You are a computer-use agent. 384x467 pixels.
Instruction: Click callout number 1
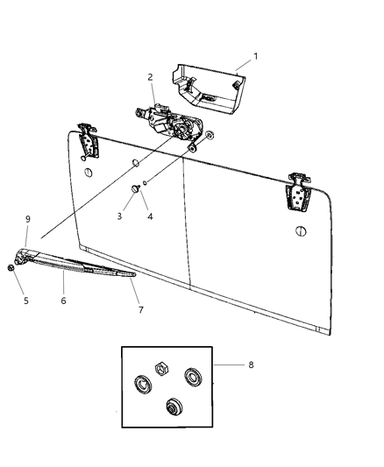point(255,56)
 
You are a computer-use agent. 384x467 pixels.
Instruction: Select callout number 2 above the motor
point(150,77)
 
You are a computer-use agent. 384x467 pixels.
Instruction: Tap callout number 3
point(119,216)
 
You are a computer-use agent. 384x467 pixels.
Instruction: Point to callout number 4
point(150,216)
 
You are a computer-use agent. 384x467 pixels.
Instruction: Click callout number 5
point(26,301)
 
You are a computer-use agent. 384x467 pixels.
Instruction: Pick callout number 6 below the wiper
point(63,301)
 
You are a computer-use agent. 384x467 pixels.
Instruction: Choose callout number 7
point(141,310)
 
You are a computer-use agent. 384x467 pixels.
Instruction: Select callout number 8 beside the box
point(251,364)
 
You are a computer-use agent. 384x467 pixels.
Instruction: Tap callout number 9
point(28,219)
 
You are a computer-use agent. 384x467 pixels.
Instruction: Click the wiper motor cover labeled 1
point(209,88)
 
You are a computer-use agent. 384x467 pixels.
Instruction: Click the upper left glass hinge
point(88,141)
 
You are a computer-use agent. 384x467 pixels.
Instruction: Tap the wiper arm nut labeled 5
point(11,268)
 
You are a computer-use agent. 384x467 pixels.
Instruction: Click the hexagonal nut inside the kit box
point(162,370)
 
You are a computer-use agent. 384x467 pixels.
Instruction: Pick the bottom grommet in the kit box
point(174,407)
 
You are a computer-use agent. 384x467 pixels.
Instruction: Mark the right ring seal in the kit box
point(194,377)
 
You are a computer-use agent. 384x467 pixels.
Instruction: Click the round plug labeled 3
point(136,188)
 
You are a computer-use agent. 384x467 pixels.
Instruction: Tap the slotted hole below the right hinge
point(301,230)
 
